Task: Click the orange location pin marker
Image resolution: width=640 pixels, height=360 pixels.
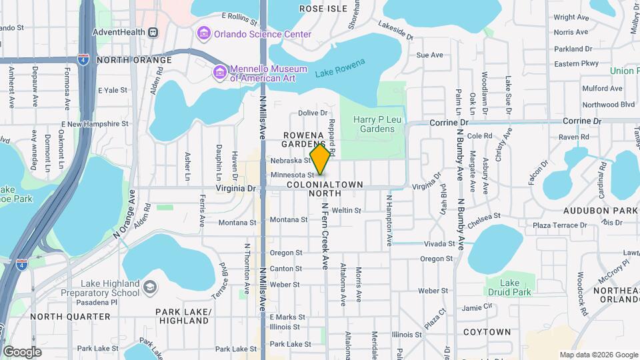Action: (321, 158)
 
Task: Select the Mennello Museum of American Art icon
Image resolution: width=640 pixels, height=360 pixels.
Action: (219, 71)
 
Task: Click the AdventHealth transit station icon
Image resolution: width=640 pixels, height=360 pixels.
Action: (153, 31)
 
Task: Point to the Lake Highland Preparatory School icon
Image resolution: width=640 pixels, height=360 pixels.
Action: (150, 287)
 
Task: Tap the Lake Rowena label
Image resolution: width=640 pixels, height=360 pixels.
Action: (340, 68)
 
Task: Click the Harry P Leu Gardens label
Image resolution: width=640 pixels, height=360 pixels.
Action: (373, 124)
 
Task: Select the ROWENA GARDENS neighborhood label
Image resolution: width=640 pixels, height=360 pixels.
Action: (303, 139)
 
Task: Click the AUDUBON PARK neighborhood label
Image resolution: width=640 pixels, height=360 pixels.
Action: (601, 210)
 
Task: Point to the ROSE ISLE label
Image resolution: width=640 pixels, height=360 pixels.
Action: (323, 9)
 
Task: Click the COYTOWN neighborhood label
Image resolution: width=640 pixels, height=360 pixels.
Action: (487, 331)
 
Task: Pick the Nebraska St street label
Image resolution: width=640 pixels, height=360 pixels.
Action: (291, 161)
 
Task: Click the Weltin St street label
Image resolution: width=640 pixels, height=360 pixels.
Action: (346, 210)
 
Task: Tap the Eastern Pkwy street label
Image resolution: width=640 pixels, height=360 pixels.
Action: (576, 64)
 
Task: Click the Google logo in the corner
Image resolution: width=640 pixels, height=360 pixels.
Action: (22, 351)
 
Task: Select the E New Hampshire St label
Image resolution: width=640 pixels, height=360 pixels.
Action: (94, 124)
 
